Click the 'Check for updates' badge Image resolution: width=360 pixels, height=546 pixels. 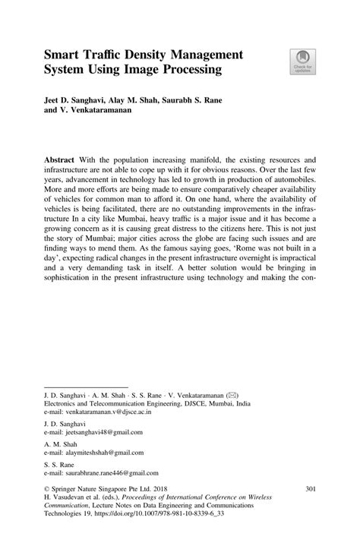click(302, 62)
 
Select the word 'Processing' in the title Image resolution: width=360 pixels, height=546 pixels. click(188, 71)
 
